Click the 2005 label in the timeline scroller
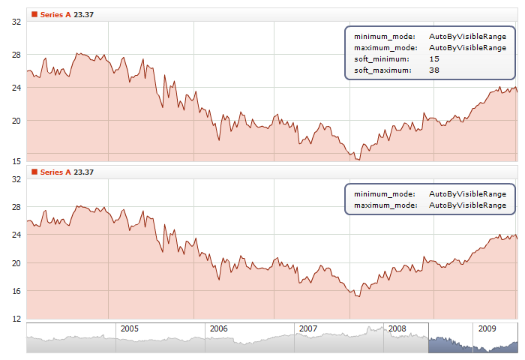tap(130, 328)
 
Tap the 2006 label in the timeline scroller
tap(219, 328)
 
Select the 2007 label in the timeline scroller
tap(308, 328)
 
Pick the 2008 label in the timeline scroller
tap(397, 328)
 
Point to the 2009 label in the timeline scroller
tap(487, 328)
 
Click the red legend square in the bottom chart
tap(34, 172)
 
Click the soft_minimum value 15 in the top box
tap(434, 58)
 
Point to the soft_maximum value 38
tap(434, 70)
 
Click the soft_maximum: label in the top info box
tap(382, 70)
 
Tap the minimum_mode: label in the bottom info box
tap(384, 193)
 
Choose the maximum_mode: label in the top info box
tap(385, 47)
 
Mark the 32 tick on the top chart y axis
tap(16, 22)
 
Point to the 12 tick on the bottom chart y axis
tap(16, 319)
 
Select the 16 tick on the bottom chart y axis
tap(16, 291)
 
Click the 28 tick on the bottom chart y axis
tap(16, 207)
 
